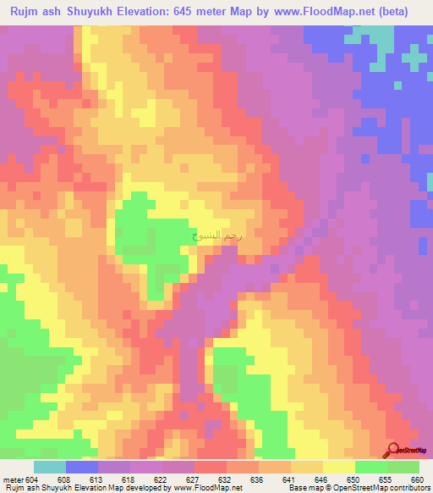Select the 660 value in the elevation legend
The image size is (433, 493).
coord(417,479)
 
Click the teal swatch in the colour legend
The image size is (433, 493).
coord(50,467)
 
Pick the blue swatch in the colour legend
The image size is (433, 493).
coord(82,467)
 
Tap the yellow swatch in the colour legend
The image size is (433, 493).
coord(337,467)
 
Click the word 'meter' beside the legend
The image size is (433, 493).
coord(12,479)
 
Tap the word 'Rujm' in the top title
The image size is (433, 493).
coord(21,12)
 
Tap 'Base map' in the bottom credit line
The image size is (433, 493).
coord(304,489)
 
